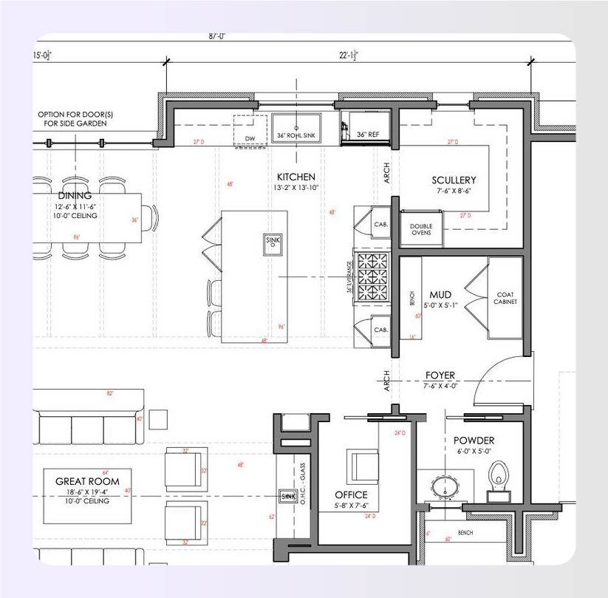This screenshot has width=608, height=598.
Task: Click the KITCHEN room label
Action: [296, 177]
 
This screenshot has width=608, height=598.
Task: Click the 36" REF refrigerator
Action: [366, 126]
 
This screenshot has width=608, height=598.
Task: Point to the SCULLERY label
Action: [454, 180]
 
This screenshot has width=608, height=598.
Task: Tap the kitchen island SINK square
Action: [272, 241]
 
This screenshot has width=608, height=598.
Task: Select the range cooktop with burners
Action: [373, 277]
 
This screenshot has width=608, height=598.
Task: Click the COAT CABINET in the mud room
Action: [505, 298]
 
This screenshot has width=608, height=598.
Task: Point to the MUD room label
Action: [440, 295]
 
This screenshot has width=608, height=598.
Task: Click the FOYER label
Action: [440, 375]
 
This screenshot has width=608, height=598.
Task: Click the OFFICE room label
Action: [351, 495]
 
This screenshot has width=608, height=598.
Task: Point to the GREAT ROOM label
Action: [87, 481]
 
